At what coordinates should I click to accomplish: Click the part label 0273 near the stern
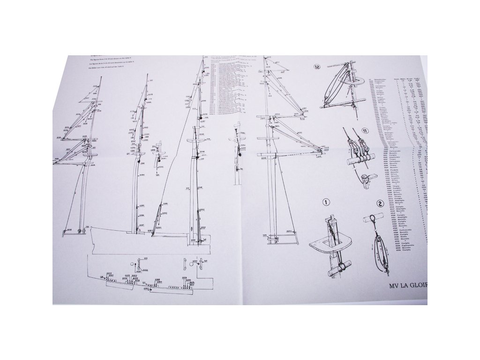(289, 232)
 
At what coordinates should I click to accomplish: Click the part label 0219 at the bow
(68, 230)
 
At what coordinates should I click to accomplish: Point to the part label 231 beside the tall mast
(187, 188)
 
